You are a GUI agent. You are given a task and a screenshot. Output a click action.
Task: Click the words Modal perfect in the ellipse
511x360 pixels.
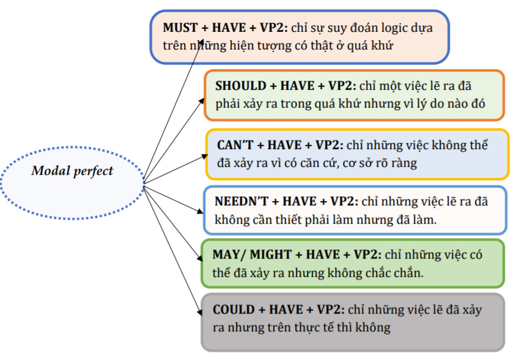[72, 171]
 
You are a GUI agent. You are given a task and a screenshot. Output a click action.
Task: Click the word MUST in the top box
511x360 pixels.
[180, 28]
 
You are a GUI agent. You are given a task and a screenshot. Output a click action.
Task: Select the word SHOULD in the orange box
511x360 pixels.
[241, 86]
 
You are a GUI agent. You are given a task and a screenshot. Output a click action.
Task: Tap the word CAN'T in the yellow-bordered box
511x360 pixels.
[235, 145]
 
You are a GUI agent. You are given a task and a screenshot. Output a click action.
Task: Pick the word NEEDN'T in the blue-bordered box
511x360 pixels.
[241, 201]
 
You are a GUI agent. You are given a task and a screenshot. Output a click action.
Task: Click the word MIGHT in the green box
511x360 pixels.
[271, 254]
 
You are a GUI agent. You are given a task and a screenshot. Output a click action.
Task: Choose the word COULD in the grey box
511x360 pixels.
[233, 309]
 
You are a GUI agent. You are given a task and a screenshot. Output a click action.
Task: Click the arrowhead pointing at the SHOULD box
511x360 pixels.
[202, 101]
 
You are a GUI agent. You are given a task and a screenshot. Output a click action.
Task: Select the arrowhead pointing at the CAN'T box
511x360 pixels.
[204, 156]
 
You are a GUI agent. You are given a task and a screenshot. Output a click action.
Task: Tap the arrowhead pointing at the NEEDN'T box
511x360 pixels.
[200, 211]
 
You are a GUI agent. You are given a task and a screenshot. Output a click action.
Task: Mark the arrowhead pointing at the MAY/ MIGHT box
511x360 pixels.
[200, 257]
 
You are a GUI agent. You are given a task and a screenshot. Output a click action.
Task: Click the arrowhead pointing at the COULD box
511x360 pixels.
[200, 312]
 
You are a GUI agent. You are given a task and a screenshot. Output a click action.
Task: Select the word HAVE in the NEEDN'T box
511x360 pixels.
[300, 201]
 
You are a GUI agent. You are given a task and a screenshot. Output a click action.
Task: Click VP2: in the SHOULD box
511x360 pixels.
[342, 86]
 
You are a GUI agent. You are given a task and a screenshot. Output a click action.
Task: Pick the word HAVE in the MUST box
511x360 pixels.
[229, 28]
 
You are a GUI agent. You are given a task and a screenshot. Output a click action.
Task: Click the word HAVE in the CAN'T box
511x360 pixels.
[284, 145]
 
